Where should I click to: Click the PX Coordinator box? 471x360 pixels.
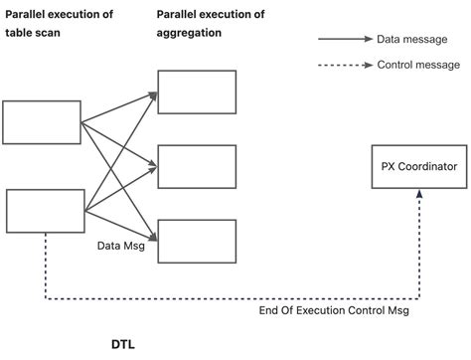(x=419, y=167)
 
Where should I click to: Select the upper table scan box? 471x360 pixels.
(x=42, y=122)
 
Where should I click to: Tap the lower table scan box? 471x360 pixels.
(x=46, y=210)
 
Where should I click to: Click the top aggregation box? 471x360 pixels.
(x=197, y=91)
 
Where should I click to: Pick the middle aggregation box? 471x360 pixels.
(x=197, y=167)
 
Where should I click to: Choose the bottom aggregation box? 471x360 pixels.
(x=197, y=242)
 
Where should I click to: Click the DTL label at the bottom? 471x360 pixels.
(x=122, y=345)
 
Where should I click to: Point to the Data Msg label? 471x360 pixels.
(x=121, y=246)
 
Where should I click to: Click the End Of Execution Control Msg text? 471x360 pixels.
(x=333, y=311)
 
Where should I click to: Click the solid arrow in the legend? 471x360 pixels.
(x=344, y=40)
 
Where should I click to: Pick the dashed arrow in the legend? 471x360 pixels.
(x=344, y=66)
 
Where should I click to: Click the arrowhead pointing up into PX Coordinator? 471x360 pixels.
(x=419, y=197)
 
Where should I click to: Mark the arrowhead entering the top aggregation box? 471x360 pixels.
(x=153, y=95)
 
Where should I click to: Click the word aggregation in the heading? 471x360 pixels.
(x=189, y=33)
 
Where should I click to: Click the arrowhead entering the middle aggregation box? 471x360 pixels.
(x=153, y=165)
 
